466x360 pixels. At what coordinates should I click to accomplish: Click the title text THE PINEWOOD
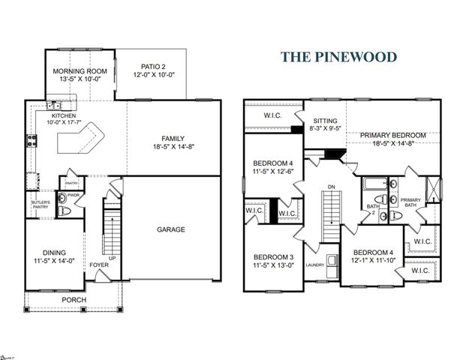pyautogui.click(x=339, y=57)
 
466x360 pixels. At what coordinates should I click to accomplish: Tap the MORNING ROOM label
pyautogui.click(x=79, y=71)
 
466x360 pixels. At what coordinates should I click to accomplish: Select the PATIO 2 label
pyautogui.click(x=152, y=67)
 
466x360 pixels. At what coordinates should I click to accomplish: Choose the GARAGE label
pyautogui.click(x=170, y=229)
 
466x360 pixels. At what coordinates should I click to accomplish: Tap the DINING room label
pyautogui.click(x=52, y=256)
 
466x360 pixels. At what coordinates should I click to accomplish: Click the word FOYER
pyautogui.click(x=99, y=265)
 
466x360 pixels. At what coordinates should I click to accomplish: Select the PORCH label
pyautogui.click(x=74, y=300)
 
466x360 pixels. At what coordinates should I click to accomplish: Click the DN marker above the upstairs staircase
pyautogui.click(x=330, y=187)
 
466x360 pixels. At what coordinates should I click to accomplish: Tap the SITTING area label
pyautogui.click(x=324, y=120)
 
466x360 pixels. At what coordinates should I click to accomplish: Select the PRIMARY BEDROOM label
pyautogui.click(x=392, y=135)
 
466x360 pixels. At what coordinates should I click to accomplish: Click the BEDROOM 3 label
pyautogui.click(x=272, y=256)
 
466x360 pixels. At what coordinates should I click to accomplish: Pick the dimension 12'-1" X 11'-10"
pyautogui.click(x=373, y=260)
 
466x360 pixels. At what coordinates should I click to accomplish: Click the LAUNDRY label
pyautogui.click(x=314, y=265)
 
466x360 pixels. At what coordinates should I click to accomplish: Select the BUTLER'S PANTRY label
pyautogui.click(x=40, y=205)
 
